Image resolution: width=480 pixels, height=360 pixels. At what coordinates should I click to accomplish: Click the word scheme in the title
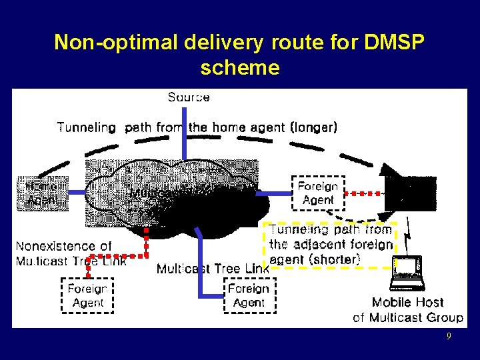pos(239,67)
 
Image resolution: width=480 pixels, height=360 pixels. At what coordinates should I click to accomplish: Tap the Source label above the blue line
pos(189,97)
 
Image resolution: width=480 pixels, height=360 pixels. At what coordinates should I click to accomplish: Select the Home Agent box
pos(41,192)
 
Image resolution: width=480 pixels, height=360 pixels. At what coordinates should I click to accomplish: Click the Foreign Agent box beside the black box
pos(318,193)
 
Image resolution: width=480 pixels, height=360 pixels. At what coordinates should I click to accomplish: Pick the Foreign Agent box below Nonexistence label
pos(87,295)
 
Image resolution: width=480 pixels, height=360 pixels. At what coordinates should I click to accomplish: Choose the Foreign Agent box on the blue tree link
pos(248,295)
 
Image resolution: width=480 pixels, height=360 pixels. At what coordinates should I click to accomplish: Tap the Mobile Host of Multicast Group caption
pos(407,310)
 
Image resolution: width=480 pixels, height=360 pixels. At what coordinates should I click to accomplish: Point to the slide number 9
pos(449,337)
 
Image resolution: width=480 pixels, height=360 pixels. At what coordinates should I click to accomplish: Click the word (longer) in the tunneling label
pos(313,127)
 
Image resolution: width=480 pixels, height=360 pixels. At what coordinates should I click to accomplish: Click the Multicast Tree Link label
pos(213,269)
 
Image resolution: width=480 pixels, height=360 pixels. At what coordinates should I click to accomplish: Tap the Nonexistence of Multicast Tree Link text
pos(70,253)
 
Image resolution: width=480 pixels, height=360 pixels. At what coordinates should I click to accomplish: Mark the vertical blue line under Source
pos(185,133)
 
